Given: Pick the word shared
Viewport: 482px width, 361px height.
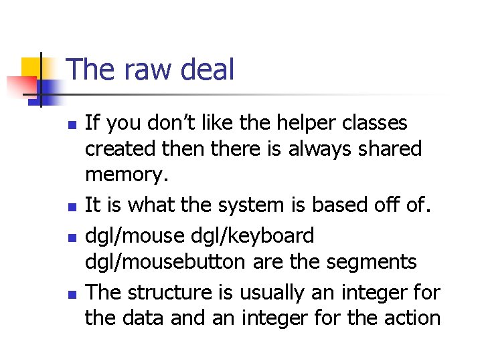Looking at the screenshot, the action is pyautogui.click(x=391, y=149).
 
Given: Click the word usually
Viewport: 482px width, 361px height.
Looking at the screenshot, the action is pyautogui.click(x=276, y=292).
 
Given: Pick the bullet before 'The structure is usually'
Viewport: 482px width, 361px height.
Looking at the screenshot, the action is pyautogui.click(x=74, y=293).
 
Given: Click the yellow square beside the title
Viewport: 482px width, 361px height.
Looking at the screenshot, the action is pyautogui.click(x=33, y=68).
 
